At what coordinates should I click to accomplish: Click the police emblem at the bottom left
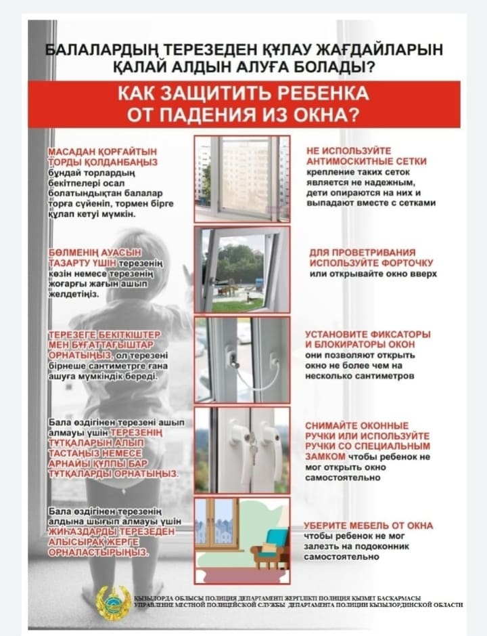(x=113, y=601)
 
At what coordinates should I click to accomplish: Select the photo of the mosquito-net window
(x=241, y=178)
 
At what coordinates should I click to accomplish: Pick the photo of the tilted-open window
(x=241, y=269)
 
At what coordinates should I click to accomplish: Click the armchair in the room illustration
(x=269, y=546)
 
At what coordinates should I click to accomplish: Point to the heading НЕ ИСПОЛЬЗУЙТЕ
(x=349, y=150)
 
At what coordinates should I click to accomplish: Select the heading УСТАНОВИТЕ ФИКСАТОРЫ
(x=368, y=335)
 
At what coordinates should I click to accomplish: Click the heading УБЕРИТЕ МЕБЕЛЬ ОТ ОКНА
(x=368, y=526)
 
